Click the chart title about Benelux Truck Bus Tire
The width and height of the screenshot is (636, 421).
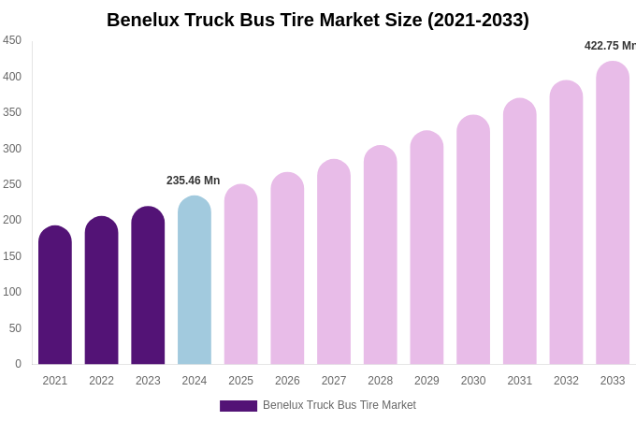point(318,20)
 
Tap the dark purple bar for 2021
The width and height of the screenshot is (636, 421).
point(55,296)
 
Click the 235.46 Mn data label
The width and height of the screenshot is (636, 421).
point(193,181)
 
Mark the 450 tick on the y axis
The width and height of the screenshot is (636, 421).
point(12,40)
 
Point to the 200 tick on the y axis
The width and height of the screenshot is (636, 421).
point(12,220)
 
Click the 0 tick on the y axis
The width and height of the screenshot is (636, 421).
point(18,364)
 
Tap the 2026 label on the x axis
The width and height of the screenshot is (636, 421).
point(287,381)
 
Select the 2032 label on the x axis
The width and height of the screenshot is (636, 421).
point(566,381)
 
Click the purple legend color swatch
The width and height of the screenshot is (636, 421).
point(238,406)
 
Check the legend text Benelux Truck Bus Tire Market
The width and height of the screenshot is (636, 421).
point(340,405)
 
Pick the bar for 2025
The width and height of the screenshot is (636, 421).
point(241,275)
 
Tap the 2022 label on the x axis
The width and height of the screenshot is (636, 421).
point(102,381)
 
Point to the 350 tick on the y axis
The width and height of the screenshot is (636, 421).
point(12,112)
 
